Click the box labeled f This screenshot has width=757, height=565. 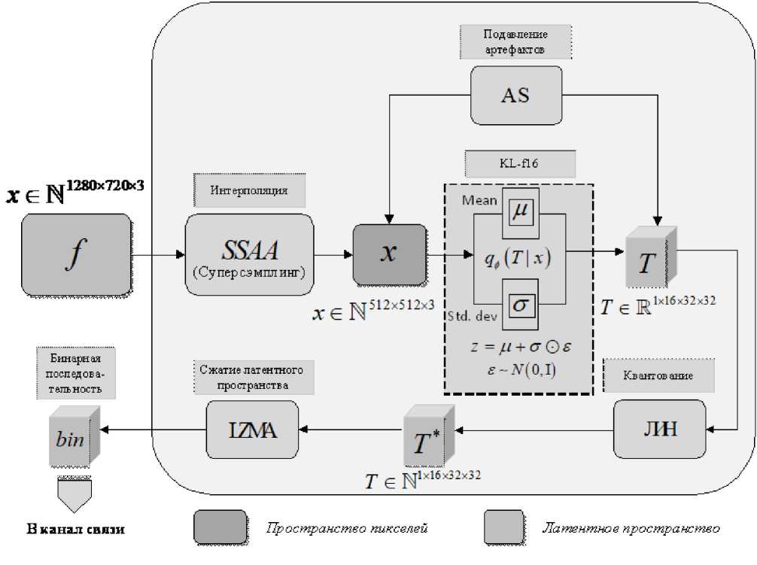[76, 254]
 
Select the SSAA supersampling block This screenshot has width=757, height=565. [249, 254]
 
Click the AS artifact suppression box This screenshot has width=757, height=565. [516, 95]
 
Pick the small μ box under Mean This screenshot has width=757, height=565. [519, 213]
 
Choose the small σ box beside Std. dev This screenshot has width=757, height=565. [519, 303]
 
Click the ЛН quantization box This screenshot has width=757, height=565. [659, 429]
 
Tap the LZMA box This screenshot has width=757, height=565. [252, 429]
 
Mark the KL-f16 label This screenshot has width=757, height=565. [519, 163]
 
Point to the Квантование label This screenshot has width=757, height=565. [658, 375]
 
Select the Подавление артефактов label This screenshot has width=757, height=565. [516, 42]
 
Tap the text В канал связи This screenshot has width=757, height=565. [75, 529]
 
